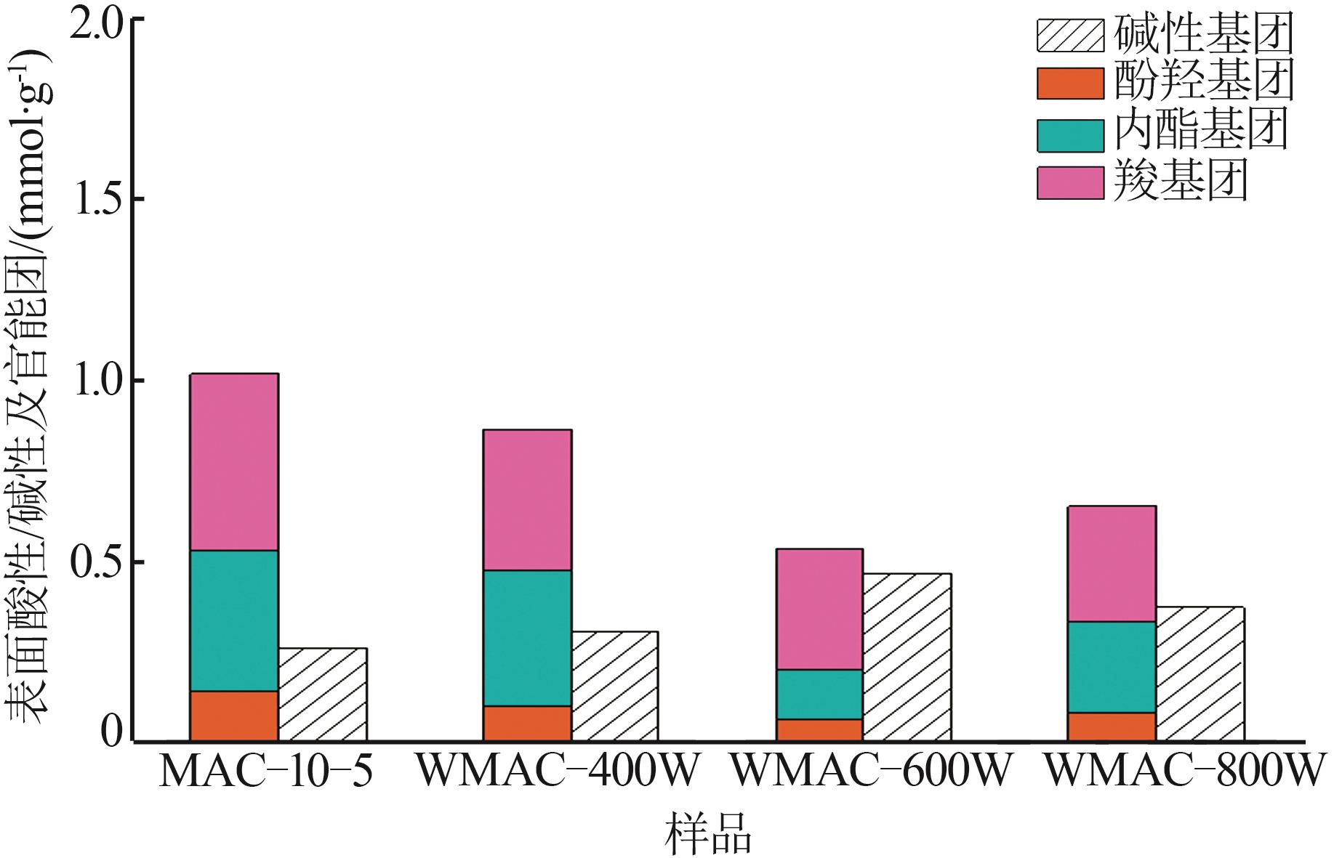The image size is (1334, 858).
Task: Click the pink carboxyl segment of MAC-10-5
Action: pos(234,462)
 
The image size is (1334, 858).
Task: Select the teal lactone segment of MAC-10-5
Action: pos(234,620)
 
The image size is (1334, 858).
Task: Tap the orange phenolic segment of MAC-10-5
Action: pos(234,716)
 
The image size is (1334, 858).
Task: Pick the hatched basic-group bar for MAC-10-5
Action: pos(322,695)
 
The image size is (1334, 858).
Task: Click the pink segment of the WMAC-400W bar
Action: pos(527,500)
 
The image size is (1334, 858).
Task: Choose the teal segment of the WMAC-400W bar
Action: pos(527,638)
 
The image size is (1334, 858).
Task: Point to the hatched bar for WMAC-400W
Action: pos(614,687)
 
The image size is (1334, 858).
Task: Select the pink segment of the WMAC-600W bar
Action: pos(819,609)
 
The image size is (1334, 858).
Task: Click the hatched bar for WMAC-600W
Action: pos(907,657)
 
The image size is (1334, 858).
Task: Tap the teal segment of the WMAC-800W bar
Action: pos(1112,667)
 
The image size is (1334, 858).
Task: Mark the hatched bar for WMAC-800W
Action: pos(1200,674)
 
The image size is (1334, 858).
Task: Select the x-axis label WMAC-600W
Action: pos(870,772)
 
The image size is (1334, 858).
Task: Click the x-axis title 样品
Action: pos(707,834)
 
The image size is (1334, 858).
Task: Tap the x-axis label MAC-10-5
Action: pos(265,772)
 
